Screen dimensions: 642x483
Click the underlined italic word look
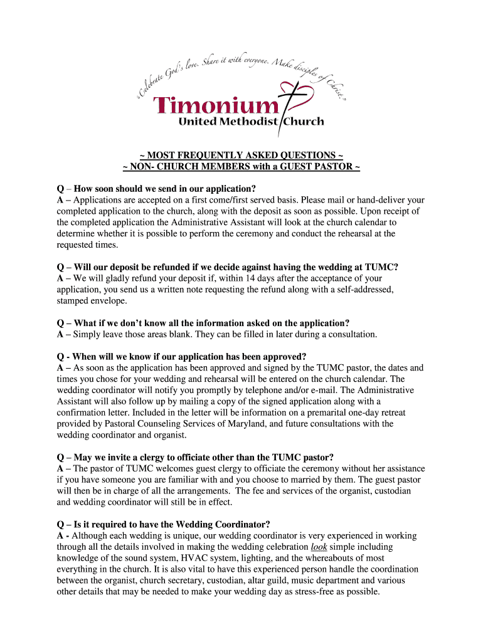tap(319, 547)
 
